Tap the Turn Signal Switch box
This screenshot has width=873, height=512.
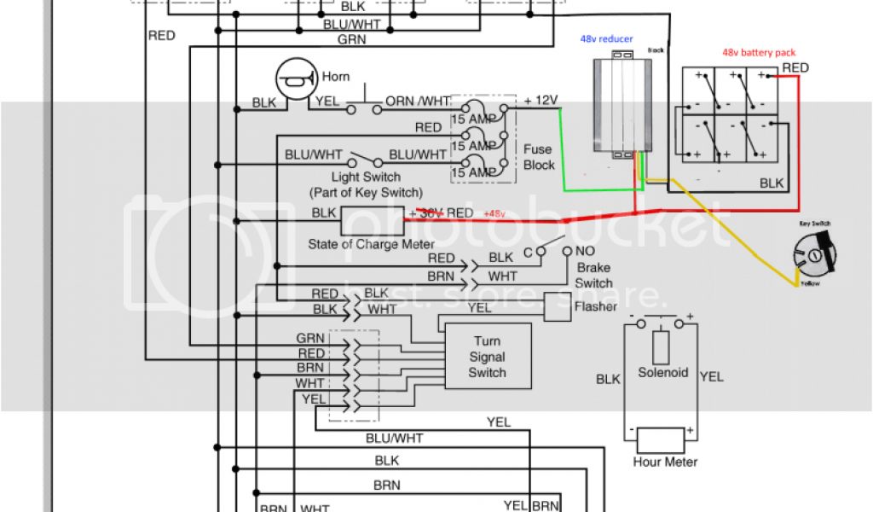pos(488,357)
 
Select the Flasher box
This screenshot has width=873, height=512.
pos(558,306)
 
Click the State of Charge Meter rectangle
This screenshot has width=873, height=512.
pos(373,221)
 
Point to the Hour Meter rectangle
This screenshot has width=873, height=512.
pos(661,440)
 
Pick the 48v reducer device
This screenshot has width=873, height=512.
pos(620,106)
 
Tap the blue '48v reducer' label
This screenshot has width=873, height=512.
pos(608,39)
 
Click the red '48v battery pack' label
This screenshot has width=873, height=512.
pos(759,52)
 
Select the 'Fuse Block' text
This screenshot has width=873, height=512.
pos(539,157)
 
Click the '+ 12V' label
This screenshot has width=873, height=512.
pos(541,101)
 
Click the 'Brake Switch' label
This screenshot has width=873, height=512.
pos(593,275)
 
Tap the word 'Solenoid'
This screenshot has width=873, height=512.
pos(662,373)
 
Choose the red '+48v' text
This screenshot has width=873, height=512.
pos(494,213)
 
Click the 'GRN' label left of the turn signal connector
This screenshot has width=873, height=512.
pos(310,338)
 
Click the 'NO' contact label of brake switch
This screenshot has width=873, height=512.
pos(585,252)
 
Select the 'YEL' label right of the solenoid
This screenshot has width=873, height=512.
pos(711,375)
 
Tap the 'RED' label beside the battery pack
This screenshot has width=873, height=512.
pos(795,67)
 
